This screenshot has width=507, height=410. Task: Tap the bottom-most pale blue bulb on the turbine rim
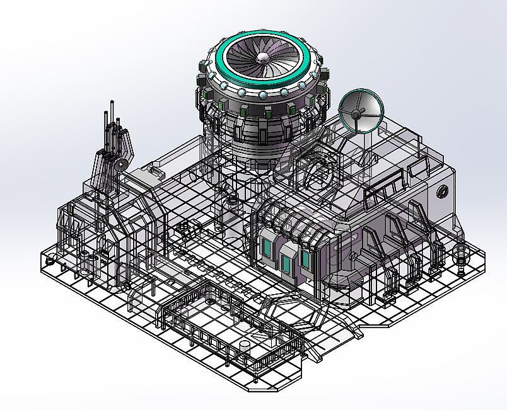pyautogui.click(x=262, y=95)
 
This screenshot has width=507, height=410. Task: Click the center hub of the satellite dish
pyautogui.click(x=358, y=114)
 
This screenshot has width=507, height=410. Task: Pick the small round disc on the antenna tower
pyautogui.click(x=120, y=164)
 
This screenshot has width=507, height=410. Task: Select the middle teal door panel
pyautogui.click(x=286, y=258)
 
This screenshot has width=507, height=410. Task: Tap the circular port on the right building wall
pyautogui.click(x=443, y=191)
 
